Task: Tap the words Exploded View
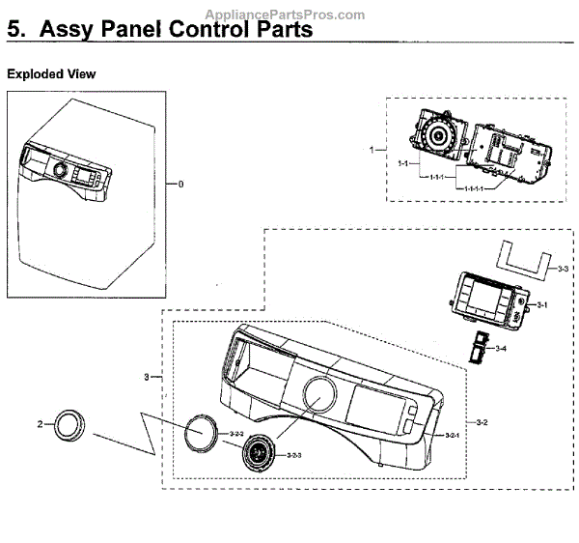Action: [51, 74]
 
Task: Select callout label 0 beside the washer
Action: [180, 183]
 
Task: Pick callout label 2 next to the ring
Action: [40, 423]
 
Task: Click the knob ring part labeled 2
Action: [70, 424]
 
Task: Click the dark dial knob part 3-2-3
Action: [259, 450]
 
